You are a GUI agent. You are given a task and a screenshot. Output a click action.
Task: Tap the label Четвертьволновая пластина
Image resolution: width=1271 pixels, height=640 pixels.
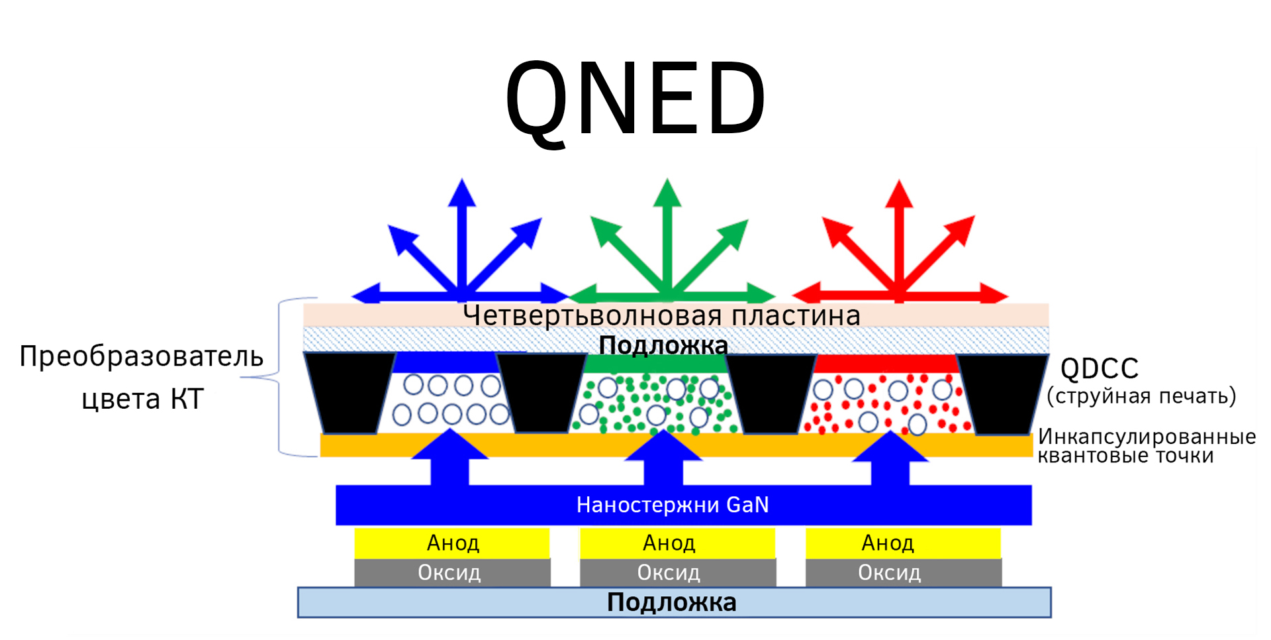(x=662, y=316)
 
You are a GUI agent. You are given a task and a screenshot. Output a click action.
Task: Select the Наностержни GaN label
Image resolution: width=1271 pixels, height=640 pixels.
(x=673, y=505)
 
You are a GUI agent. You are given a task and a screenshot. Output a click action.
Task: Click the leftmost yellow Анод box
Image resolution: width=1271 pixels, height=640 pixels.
(x=452, y=543)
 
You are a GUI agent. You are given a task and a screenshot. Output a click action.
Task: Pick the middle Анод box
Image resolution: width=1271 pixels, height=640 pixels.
(x=677, y=543)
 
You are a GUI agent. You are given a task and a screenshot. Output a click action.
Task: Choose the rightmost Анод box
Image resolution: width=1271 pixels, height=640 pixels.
(x=903, y=543)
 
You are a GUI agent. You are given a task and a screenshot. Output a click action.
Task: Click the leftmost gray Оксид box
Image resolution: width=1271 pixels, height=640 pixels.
(x=452, y=572)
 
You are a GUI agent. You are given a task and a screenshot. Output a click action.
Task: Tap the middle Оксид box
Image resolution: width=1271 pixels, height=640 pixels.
(x=678, y=572)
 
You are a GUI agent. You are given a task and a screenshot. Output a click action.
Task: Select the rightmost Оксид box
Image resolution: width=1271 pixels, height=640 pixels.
(x=904, y=572)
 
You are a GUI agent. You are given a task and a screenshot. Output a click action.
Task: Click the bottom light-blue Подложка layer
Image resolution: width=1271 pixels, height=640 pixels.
(x=674, y=602)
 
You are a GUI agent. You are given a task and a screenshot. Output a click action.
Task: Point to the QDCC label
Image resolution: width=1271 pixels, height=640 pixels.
(x=1099, y=368)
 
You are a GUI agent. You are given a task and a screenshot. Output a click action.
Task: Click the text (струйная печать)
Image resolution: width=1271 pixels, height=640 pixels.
(x=1141, y=396)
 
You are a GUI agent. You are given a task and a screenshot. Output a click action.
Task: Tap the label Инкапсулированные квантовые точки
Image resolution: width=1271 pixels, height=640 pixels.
(x=1147, y=446)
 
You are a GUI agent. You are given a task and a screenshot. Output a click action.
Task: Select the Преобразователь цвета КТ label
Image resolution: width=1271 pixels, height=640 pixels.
(x=142, y=377)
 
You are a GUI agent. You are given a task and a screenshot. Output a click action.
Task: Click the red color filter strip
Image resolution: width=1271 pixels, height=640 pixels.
(x=886, y=364)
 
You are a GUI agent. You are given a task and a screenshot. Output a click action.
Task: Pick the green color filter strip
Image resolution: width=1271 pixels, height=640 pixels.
(x=656, y=364)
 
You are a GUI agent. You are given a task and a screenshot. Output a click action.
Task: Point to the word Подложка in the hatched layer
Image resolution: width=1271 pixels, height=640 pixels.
(x=663, y=345)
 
